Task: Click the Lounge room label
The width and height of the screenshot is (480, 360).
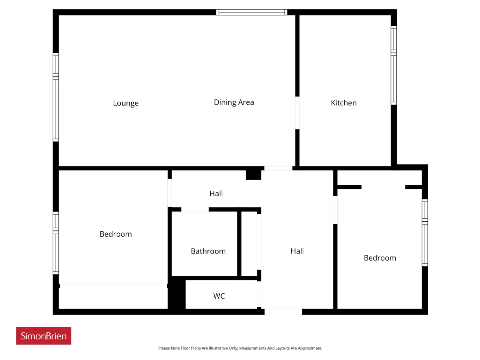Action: (126, 103)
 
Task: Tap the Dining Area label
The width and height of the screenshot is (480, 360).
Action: (234, 102)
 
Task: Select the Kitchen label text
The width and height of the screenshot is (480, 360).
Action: (343, 103)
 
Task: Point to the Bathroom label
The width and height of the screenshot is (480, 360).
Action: (208, 251)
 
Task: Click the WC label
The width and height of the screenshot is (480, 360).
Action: (219, 296)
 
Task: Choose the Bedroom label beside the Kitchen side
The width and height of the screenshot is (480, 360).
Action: (380, 258)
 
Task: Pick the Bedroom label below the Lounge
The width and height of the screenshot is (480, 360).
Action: (115, 234)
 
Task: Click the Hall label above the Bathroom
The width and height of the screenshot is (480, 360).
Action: (216, 193)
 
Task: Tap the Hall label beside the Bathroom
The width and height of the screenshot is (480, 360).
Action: (297, 251)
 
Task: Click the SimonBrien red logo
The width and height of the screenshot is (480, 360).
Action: (43, 336)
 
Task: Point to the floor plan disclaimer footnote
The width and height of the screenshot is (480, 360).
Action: (240, 348)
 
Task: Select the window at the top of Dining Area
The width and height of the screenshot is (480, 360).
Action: (252, 12)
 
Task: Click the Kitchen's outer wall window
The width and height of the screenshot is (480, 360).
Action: (394, 65)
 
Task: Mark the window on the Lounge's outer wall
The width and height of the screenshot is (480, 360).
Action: (56, 97)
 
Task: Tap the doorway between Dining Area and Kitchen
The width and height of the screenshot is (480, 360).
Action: (297, 113)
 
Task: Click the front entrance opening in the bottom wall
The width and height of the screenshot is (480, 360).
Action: (283, 312)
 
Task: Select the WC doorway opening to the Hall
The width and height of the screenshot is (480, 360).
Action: (259, 294)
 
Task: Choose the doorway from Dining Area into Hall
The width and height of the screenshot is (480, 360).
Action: (278, 168)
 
